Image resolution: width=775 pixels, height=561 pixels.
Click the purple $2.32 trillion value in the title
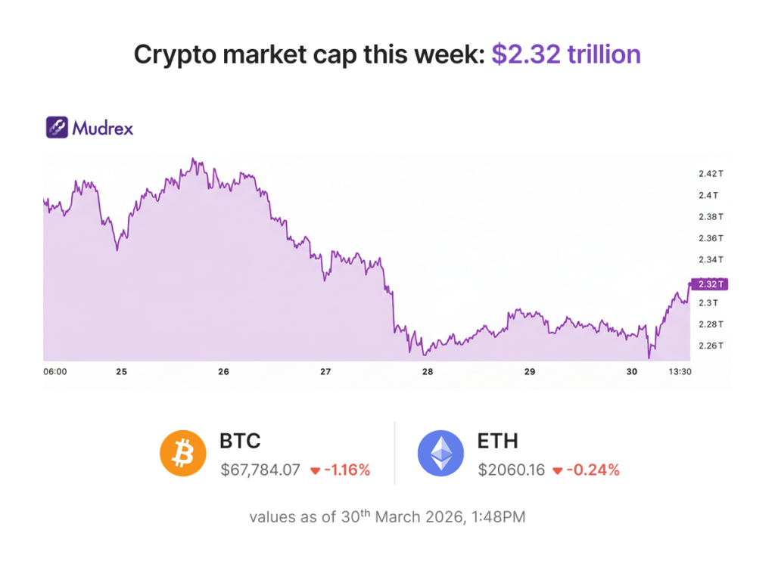[566, 54]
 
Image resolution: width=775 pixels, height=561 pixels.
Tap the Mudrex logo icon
[58, 128]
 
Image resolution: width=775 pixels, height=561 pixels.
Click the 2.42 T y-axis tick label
[711, 174]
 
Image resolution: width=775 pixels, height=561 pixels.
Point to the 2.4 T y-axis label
[708, 195]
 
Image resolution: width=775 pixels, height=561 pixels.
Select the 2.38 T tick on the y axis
[711, 217]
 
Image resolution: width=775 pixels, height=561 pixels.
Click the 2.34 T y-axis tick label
[711, 260]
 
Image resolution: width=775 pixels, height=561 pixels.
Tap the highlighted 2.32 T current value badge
[711, 284]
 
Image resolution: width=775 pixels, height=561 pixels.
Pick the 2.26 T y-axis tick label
[711, 346]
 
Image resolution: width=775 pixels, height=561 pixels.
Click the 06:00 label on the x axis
[55, 372]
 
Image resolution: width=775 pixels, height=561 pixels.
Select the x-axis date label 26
[223, 372]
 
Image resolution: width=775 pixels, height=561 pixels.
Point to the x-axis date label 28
[428, 372]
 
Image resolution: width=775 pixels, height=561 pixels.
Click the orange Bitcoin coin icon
[182, 454]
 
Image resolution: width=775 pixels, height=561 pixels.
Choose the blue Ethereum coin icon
[440, 454]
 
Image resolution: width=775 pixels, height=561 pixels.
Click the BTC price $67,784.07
[260, 470]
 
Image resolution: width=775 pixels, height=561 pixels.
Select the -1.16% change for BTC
[347, 470]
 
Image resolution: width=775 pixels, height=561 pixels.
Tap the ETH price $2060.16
[511, 470]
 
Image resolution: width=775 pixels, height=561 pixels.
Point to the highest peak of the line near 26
[193, 159]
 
